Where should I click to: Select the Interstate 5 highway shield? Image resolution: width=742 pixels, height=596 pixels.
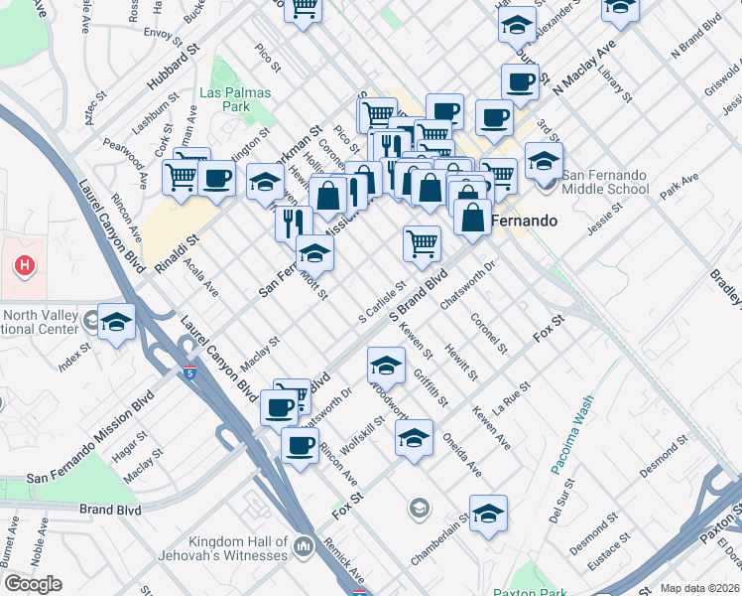click(189, 372)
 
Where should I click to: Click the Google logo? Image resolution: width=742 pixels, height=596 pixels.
click(33, 584)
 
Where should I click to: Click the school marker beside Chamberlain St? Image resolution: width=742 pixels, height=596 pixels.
click(488, 514)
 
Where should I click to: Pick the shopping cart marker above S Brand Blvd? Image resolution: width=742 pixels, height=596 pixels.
click(423, 242)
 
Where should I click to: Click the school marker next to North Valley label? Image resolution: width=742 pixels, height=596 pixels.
click(116, 322)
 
